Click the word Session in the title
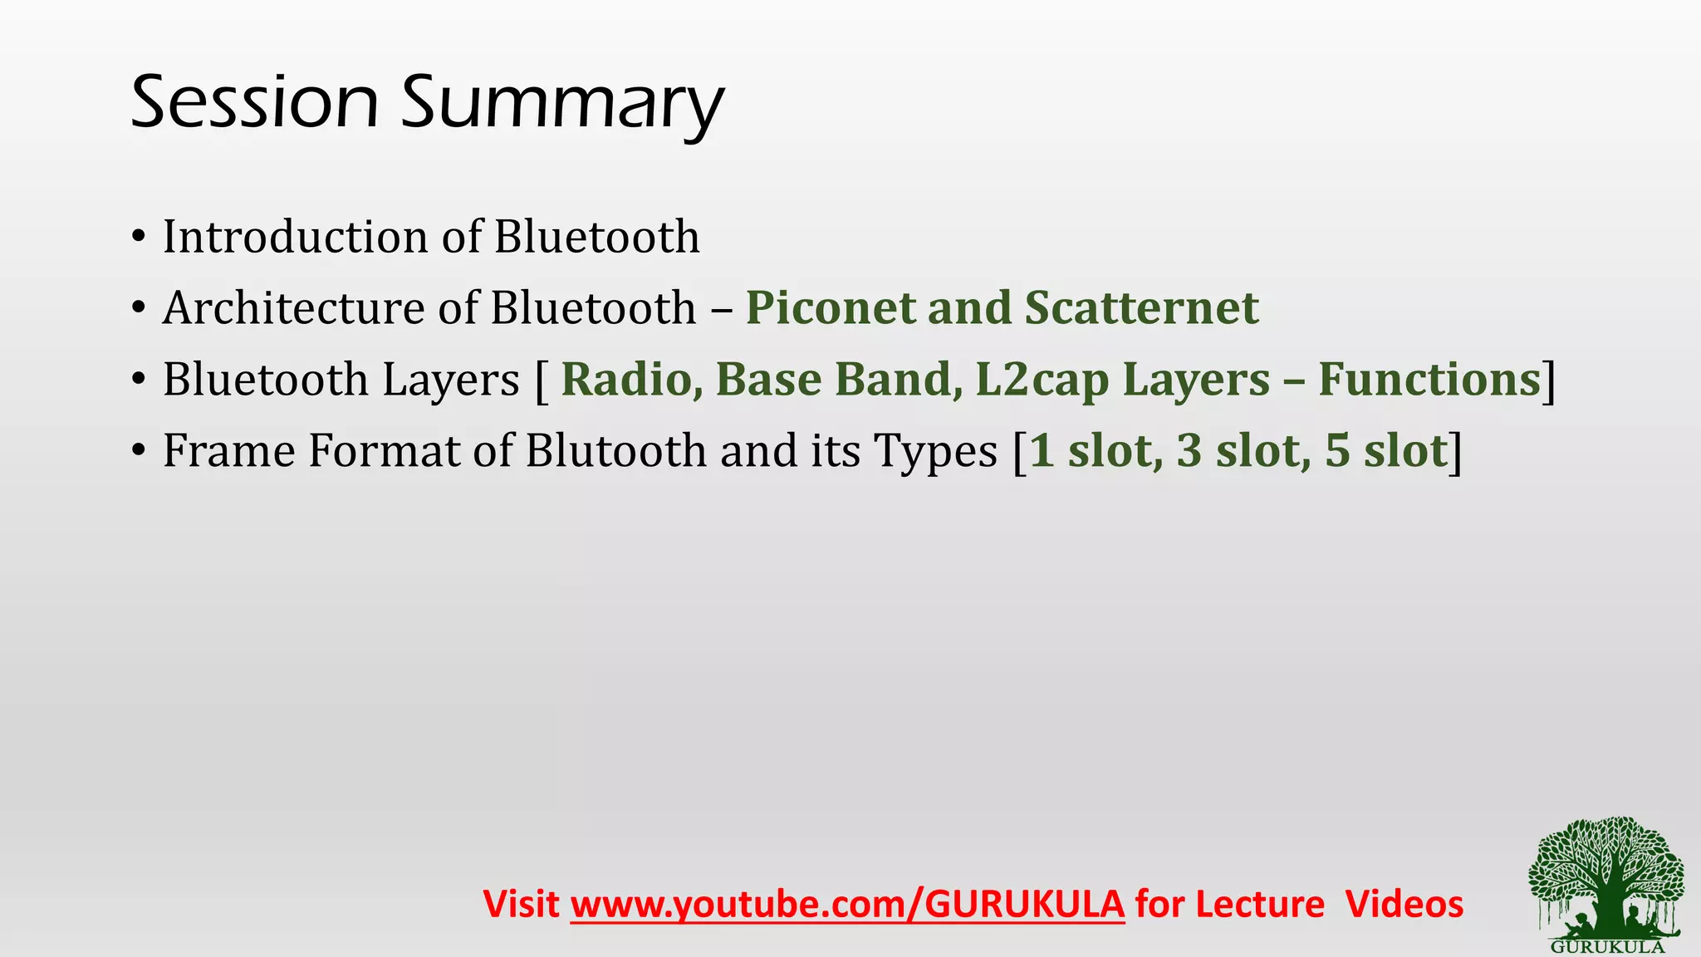[x=254, y=102]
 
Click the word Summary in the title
[x=562, y=105]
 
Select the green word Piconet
[x=830, y=308]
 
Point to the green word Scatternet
[x=1141, y=308]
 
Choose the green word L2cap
[x=1042, y=381]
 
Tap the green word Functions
[x=1429, y=380]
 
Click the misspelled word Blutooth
[x=615, y=451]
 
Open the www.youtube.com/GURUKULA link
[x=847, y=905]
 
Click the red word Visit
[x=521, y=904]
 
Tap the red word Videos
[x=1404, y=904]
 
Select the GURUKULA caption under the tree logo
[x=1607, y=947]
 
